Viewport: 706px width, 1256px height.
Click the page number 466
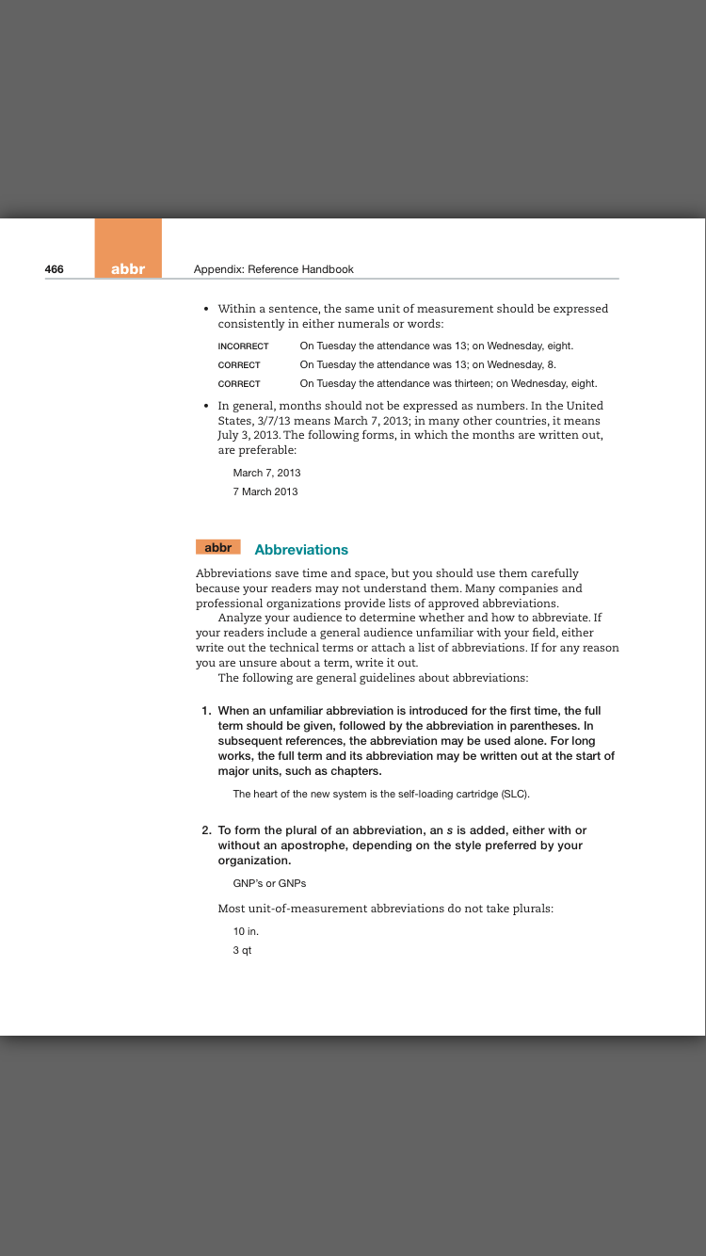(x=55, y=269)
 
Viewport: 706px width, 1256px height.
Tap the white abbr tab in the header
(x=128, y=269)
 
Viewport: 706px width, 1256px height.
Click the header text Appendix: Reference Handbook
(x=273, y=269)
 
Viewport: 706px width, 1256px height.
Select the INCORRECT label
(x=243, y=346)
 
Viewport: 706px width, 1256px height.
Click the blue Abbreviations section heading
(x=301, y=550)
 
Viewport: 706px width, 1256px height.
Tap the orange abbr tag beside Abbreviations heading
(x=218, y=547)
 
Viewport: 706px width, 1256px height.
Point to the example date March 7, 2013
(x=266, y=473)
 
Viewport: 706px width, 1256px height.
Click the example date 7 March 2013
(x=265, y=491)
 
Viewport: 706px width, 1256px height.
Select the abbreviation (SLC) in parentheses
(x=515, y=795)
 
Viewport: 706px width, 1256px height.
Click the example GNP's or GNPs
(x=269, y=883)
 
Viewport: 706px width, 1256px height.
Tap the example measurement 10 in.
(x=246, y=931)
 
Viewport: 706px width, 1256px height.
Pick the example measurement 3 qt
(x=242, y=950)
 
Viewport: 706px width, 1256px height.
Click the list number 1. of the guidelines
(x=206, y=711)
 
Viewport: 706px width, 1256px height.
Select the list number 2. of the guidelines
(x=206, y=830)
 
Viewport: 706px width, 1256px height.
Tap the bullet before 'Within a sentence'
(x=206, y=309)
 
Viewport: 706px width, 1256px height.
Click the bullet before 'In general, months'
(x=206, y=406)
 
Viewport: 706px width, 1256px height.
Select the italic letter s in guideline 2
(x=449, y=830)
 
